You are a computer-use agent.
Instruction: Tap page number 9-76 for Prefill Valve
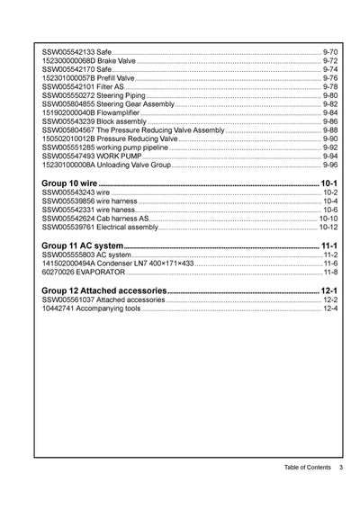coord(329,77)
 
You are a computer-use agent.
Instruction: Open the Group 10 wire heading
coord(70,183)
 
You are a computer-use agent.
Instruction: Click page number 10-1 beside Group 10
coord(328,183)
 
